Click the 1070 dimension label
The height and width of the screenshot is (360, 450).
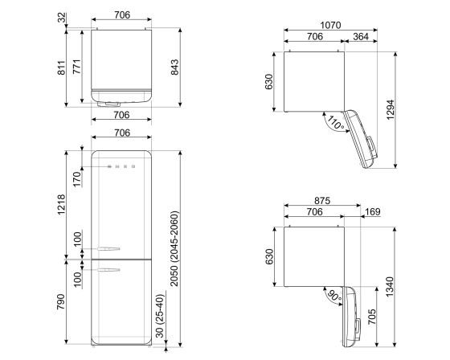[x=329, y=25]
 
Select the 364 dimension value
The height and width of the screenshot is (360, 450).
[x=361, y=36]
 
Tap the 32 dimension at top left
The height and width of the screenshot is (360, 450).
[x=63, y=18]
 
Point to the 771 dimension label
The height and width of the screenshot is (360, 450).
[x=76, y=67]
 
